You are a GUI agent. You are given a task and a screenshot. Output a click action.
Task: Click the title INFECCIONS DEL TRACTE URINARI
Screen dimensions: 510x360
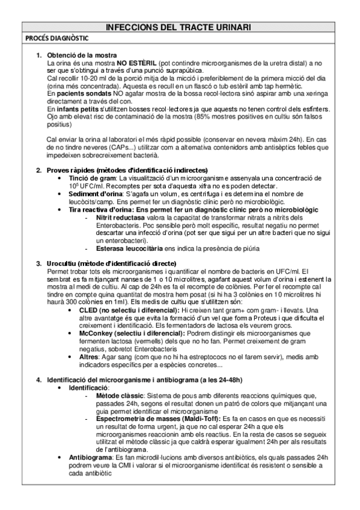pos(178,28)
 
